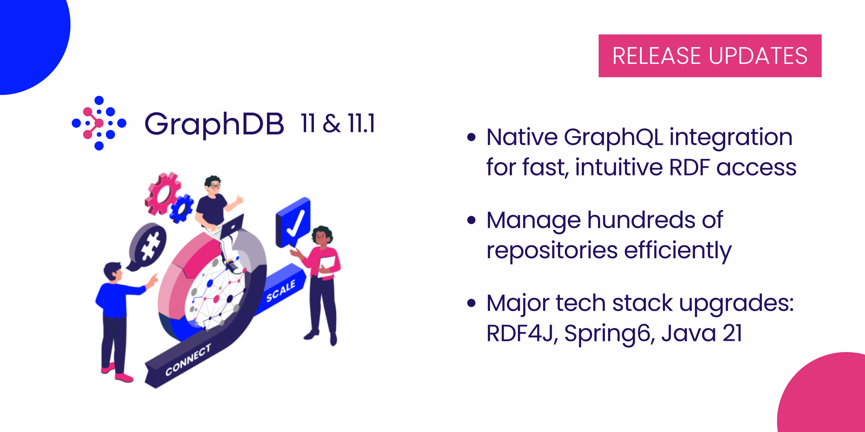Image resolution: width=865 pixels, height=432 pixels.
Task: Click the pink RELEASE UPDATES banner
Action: click(710, 56)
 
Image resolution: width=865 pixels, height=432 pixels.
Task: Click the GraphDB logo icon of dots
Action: click(99, 123)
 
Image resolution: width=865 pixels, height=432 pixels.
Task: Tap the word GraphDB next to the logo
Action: click(214, 124)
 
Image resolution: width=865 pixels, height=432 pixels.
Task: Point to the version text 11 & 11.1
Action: click(338, 123)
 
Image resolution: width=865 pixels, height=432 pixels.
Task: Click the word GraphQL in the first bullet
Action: click(613, 137)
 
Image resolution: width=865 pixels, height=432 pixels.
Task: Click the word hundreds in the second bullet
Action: click(641, 220)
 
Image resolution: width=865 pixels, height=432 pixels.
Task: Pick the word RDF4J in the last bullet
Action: click(520, 333)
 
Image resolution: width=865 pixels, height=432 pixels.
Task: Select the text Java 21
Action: click(701, 333)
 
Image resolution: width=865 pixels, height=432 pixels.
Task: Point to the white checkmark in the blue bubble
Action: click(295, 224)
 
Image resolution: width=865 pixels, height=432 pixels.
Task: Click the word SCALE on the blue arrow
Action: click(281, 291)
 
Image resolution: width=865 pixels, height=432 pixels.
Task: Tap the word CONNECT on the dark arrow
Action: click(188, 360)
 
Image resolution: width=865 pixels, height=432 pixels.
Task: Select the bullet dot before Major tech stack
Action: click(471, 303)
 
